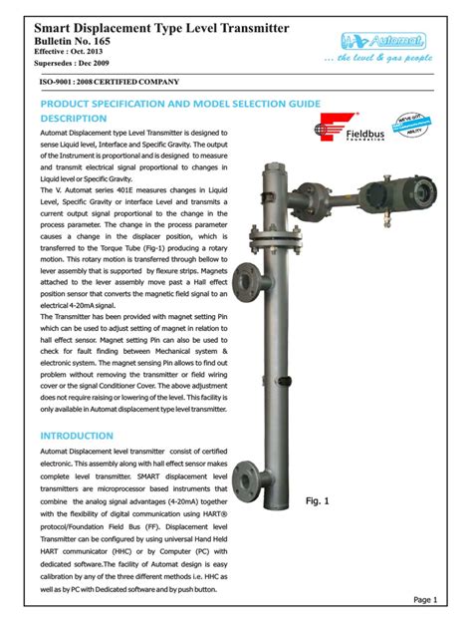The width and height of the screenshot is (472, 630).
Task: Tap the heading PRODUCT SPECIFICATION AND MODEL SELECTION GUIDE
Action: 179,104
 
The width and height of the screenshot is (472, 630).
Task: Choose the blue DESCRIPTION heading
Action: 72,119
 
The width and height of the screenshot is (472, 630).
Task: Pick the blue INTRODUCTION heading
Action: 76,436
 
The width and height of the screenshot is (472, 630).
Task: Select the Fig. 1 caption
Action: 318,501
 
